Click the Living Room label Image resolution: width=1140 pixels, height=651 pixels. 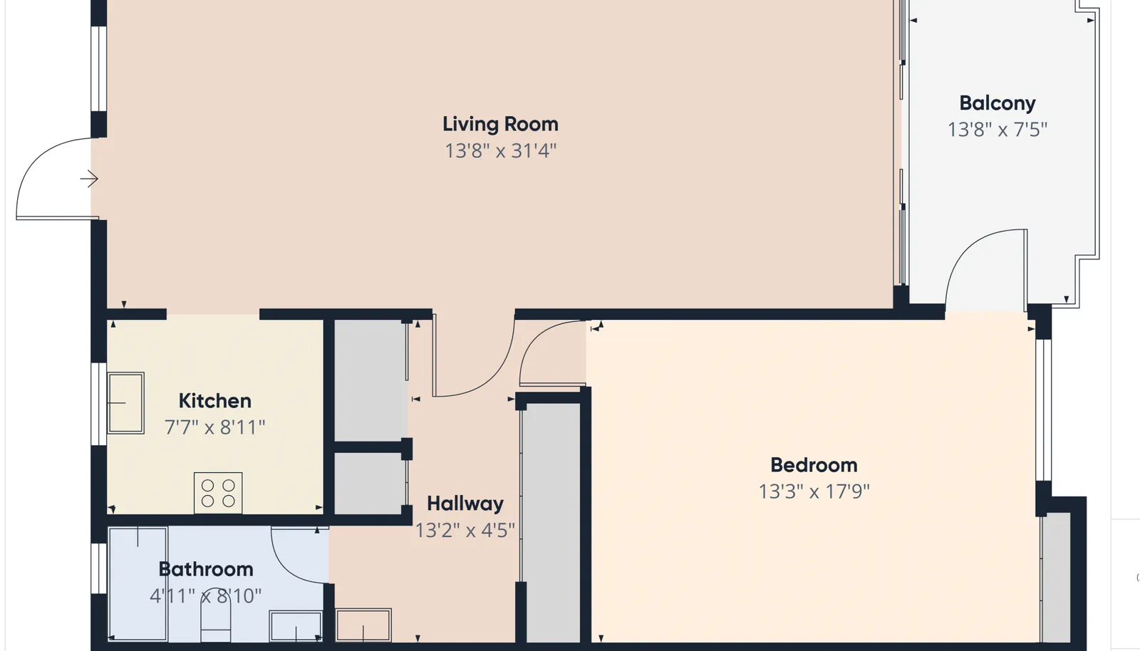click(500, 125)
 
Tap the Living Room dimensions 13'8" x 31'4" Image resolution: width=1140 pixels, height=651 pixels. click(501, 151)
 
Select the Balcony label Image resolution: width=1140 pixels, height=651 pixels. click(997, 104)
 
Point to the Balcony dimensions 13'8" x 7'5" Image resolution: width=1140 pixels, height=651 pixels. click(997, 130)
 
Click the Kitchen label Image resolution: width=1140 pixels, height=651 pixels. click(214, 401)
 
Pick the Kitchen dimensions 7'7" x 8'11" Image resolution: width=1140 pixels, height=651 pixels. click(214, 427)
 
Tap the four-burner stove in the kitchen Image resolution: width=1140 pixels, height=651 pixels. click(218, 493)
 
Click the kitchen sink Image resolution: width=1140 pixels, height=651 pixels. click(125, 403)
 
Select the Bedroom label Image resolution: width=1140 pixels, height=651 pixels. click(814, 465)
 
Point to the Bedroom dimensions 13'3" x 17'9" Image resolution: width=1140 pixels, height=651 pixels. click(814, 491)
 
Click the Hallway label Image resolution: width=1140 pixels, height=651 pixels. click(465, 504)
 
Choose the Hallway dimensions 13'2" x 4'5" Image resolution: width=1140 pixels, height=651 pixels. click(465, 531)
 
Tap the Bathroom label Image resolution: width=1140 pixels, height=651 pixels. click(206, 569)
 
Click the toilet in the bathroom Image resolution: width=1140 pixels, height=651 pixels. click(216, 618)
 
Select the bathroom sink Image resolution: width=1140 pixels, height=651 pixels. click(296, 626)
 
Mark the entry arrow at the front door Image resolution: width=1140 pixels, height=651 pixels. click(89, 179)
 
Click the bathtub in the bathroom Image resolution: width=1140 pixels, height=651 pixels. click(138, 584)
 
